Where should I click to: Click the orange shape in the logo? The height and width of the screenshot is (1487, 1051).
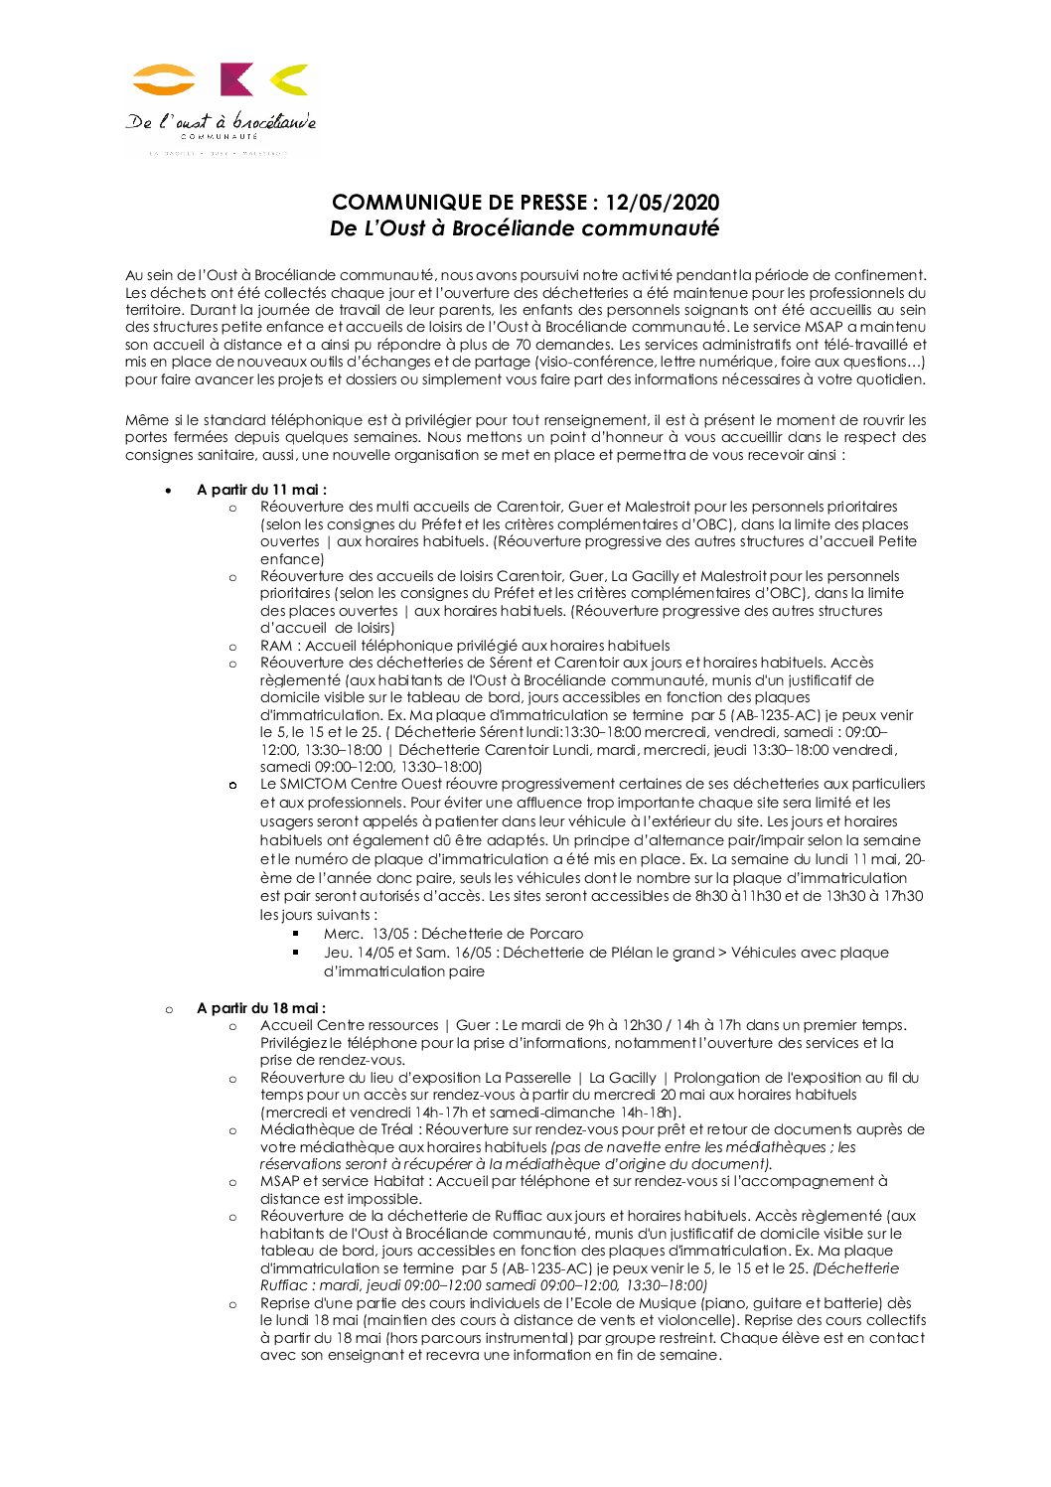coord(164,79)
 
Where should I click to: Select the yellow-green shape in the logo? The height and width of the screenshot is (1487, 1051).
coord(289,79)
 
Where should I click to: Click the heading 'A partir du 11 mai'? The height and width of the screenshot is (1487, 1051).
coord(261,489)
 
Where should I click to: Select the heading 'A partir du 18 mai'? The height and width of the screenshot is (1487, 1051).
coord(260,1008)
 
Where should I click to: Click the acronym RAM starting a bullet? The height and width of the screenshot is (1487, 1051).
coord(276,646)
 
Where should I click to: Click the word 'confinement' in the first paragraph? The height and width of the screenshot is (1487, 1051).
coord(882,275)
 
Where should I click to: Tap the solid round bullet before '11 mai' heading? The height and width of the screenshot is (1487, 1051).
coord(170,490)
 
